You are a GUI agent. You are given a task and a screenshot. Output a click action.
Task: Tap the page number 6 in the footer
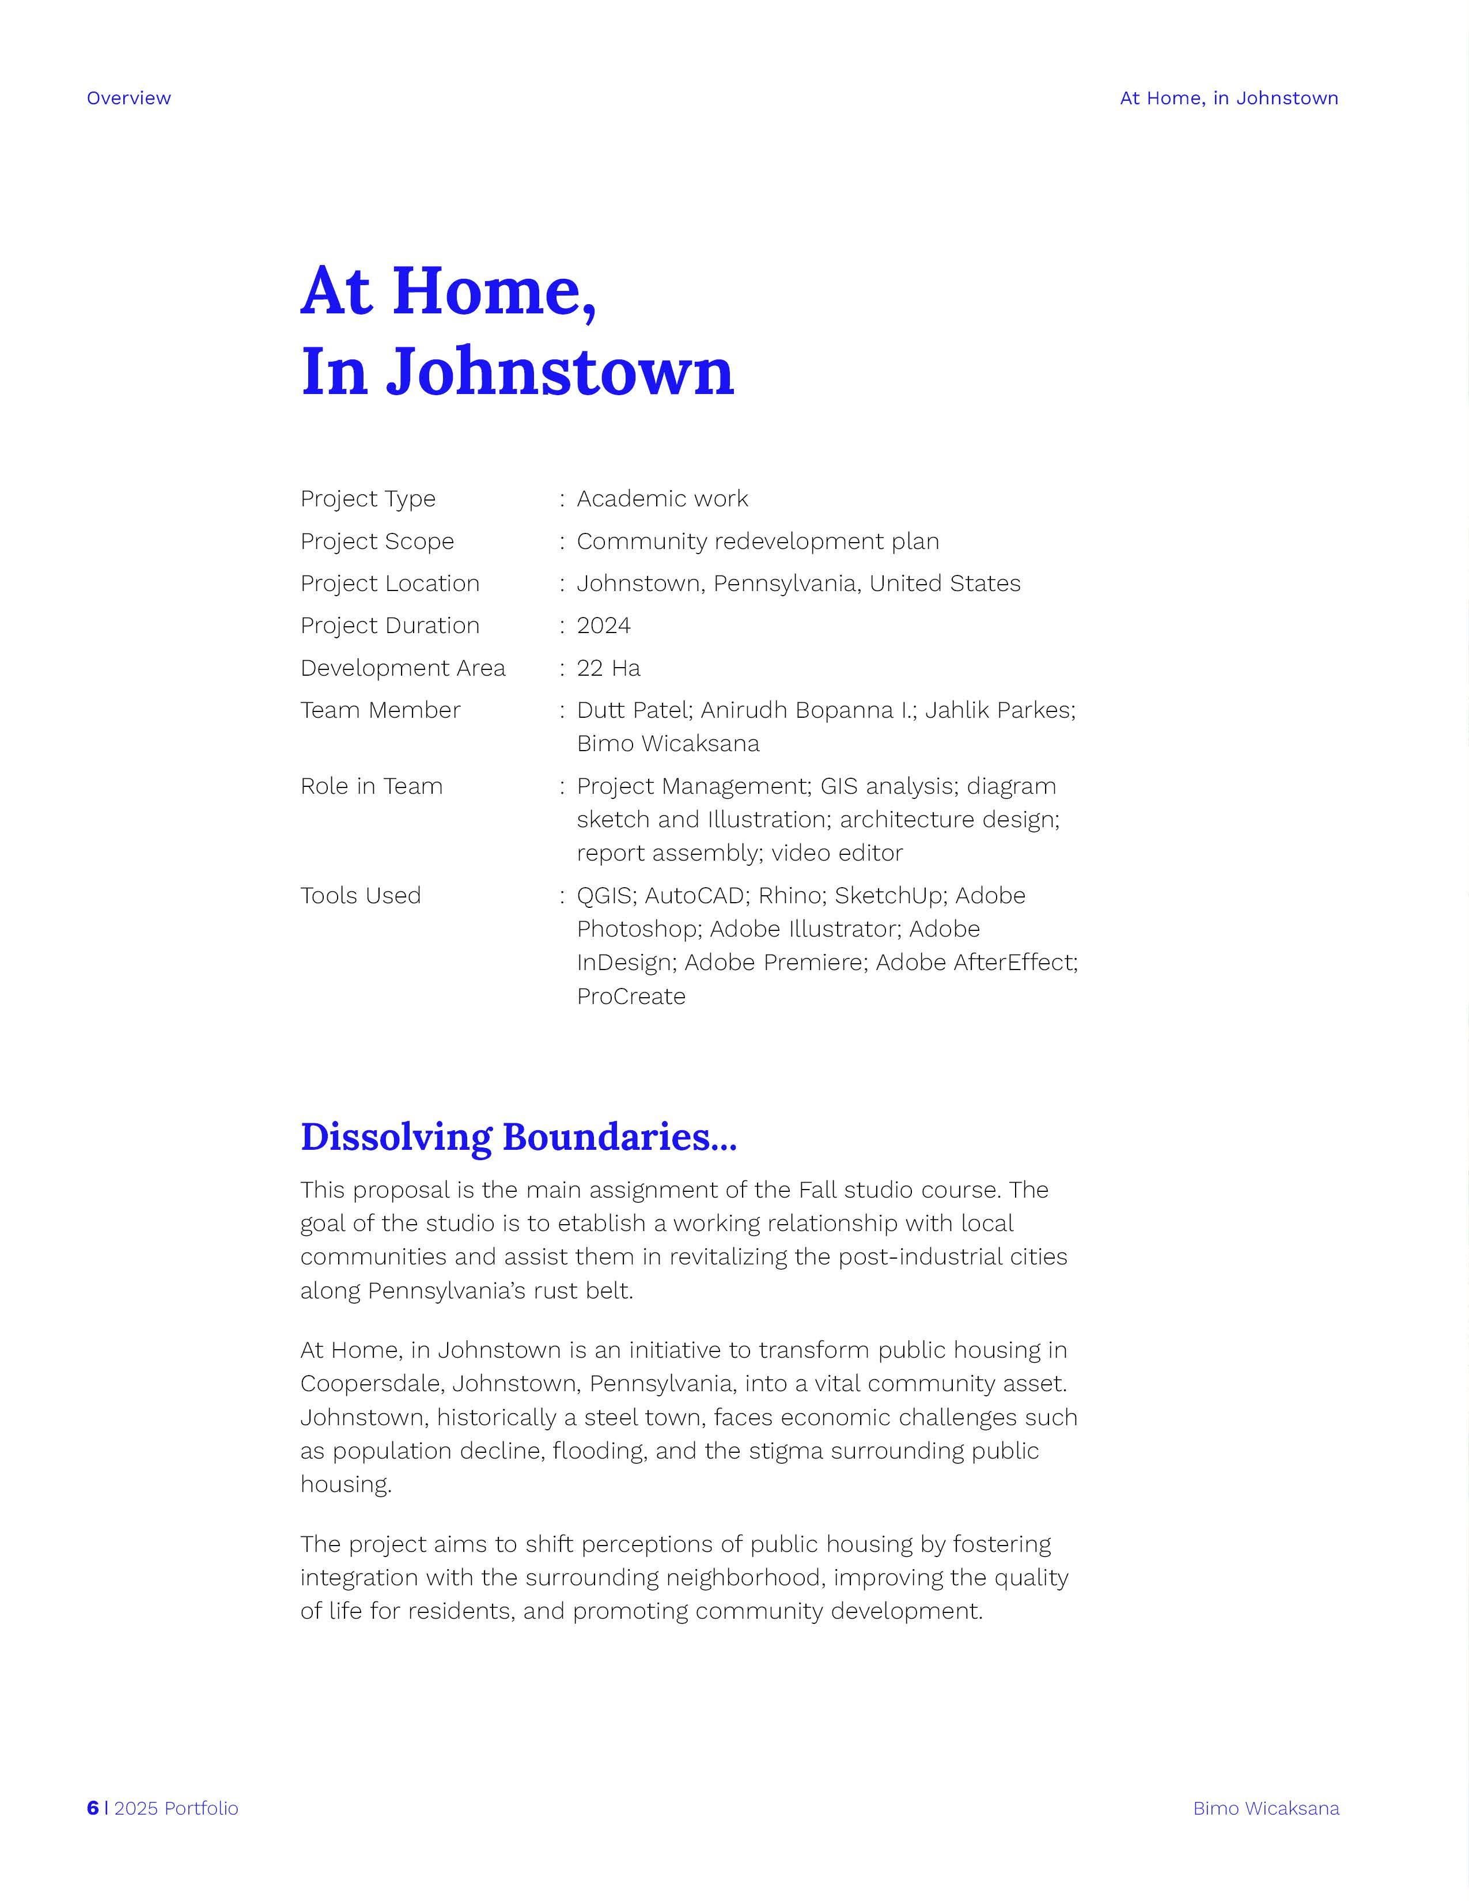pyautogui.click(x=92, y=1808)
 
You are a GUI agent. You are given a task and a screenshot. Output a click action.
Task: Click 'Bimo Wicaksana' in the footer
pyautogui.click(x=1266, y=1808)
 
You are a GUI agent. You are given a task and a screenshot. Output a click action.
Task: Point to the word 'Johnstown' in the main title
pyautogui.click(x=561, y=372)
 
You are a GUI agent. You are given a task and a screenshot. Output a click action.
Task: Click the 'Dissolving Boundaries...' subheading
pyautogui.click(x=518, y=1137)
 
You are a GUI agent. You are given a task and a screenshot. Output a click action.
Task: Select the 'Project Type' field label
pyautogui.click(x=368, y=499)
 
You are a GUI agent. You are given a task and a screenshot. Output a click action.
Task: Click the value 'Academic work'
pyautogui.click(x=662, y=499)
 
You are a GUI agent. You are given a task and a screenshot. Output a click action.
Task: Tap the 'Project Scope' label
pyautogui.click(x=377, y=541)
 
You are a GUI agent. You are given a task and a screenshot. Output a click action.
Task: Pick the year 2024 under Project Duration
pyautogui.click(x=604, y=626)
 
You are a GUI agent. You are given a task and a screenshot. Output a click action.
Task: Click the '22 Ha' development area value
pyautogui.click(x=608, y=668)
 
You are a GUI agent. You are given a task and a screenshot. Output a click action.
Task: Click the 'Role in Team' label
pyautogui.click(x=372, y=786)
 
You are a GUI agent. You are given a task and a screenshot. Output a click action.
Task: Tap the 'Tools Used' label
pyautogui.click(x=360, y=896)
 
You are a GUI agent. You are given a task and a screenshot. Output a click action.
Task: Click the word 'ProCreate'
pyautogui.click(x=631, y=997)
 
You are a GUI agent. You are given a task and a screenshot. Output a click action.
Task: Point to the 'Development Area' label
pyautogui.click(x=403, y=668)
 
